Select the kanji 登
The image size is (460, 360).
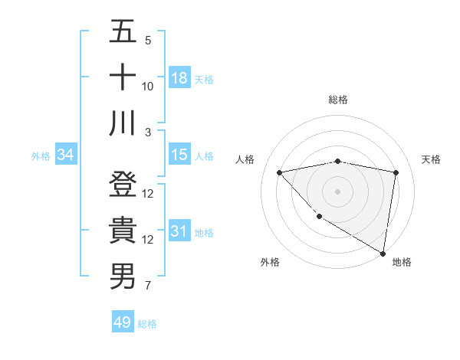[122, 185]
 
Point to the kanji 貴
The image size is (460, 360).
[122, 231]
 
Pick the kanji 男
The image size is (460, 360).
[122, 277]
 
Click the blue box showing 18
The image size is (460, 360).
[179, 77]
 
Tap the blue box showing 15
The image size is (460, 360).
[179, 155]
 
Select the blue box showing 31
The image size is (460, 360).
[179, 231]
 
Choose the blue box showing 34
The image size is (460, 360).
[66, 155]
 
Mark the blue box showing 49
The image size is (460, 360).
[123, 322]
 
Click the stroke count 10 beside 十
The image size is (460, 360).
[148, 86]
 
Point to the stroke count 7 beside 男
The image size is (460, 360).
[148, 286]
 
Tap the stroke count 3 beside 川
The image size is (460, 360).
[148, 132]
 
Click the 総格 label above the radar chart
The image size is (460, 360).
[338, 100]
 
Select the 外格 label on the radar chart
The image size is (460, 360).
[270, 262]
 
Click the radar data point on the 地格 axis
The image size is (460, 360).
[383, 254]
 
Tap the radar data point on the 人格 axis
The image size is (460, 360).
[280, 172]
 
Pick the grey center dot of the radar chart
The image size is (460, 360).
[338, 191]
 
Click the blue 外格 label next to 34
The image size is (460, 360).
[41, 155]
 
